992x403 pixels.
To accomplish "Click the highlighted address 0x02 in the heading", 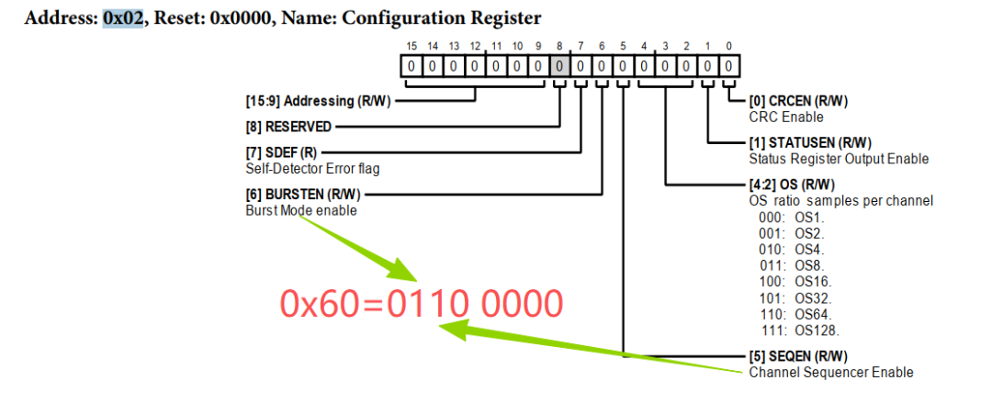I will click(123, 17).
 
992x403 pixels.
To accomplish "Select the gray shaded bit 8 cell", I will click(559, 66).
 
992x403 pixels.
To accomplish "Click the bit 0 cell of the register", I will click(728, 66).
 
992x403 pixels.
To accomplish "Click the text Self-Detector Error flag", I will click(313, 168).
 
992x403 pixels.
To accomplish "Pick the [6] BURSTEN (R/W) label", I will click(304, 194).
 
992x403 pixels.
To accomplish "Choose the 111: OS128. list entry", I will click(801, 330).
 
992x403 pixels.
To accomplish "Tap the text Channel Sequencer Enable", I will click(831, 372).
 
